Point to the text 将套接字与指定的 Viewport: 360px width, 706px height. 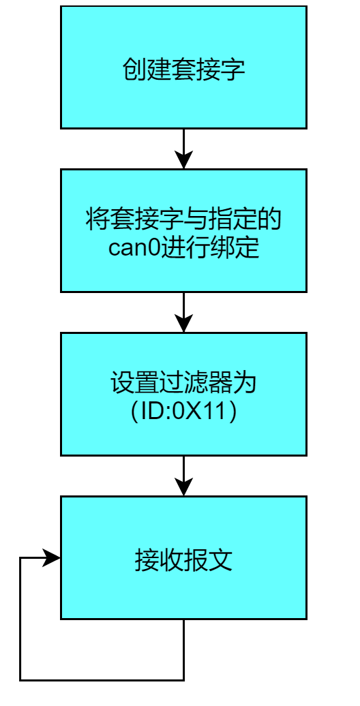coord(183,220)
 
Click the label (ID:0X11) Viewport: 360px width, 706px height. coord(183,410)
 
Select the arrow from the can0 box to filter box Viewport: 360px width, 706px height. coord(183,312)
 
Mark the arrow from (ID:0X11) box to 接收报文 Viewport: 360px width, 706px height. coord(183,476)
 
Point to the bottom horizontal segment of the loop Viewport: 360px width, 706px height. coord(102,679)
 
